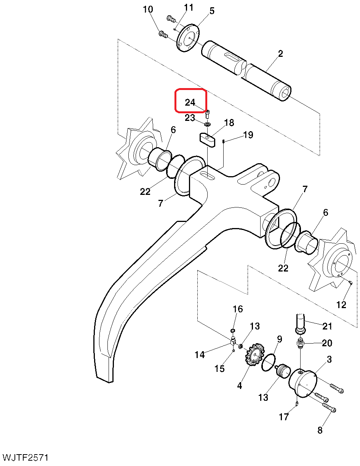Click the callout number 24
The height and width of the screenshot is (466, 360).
pyautogui.click(x=190, y=103)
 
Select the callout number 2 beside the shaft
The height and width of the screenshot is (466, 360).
pyautogui.click(x=280, y=54)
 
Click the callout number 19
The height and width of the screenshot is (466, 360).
pyautogui.click(x=248, y=135)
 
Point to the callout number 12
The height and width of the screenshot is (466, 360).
pyautogui.click(x=341, y=305)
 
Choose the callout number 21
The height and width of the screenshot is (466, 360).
pyautogui.click(x=327, y=326)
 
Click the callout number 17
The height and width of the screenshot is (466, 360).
pyautogui.click(x=284, y=417)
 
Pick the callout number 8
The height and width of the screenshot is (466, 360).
pyautogui.click(x=320, y=431)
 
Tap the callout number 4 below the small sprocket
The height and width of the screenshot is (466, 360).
pyautogui.click(x=239, y=386)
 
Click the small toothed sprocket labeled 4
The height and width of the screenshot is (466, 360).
pyautogui.click(x=252, y=356)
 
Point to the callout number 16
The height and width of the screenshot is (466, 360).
pyautogui.click(x=238, y=309)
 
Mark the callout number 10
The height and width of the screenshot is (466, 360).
pyautogui.click(x=148, y=10)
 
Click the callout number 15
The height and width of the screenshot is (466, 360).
pyautogui.click(x=219, y=369)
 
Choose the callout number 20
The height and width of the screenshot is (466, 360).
pyautogui.click(x=327, y=343)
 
